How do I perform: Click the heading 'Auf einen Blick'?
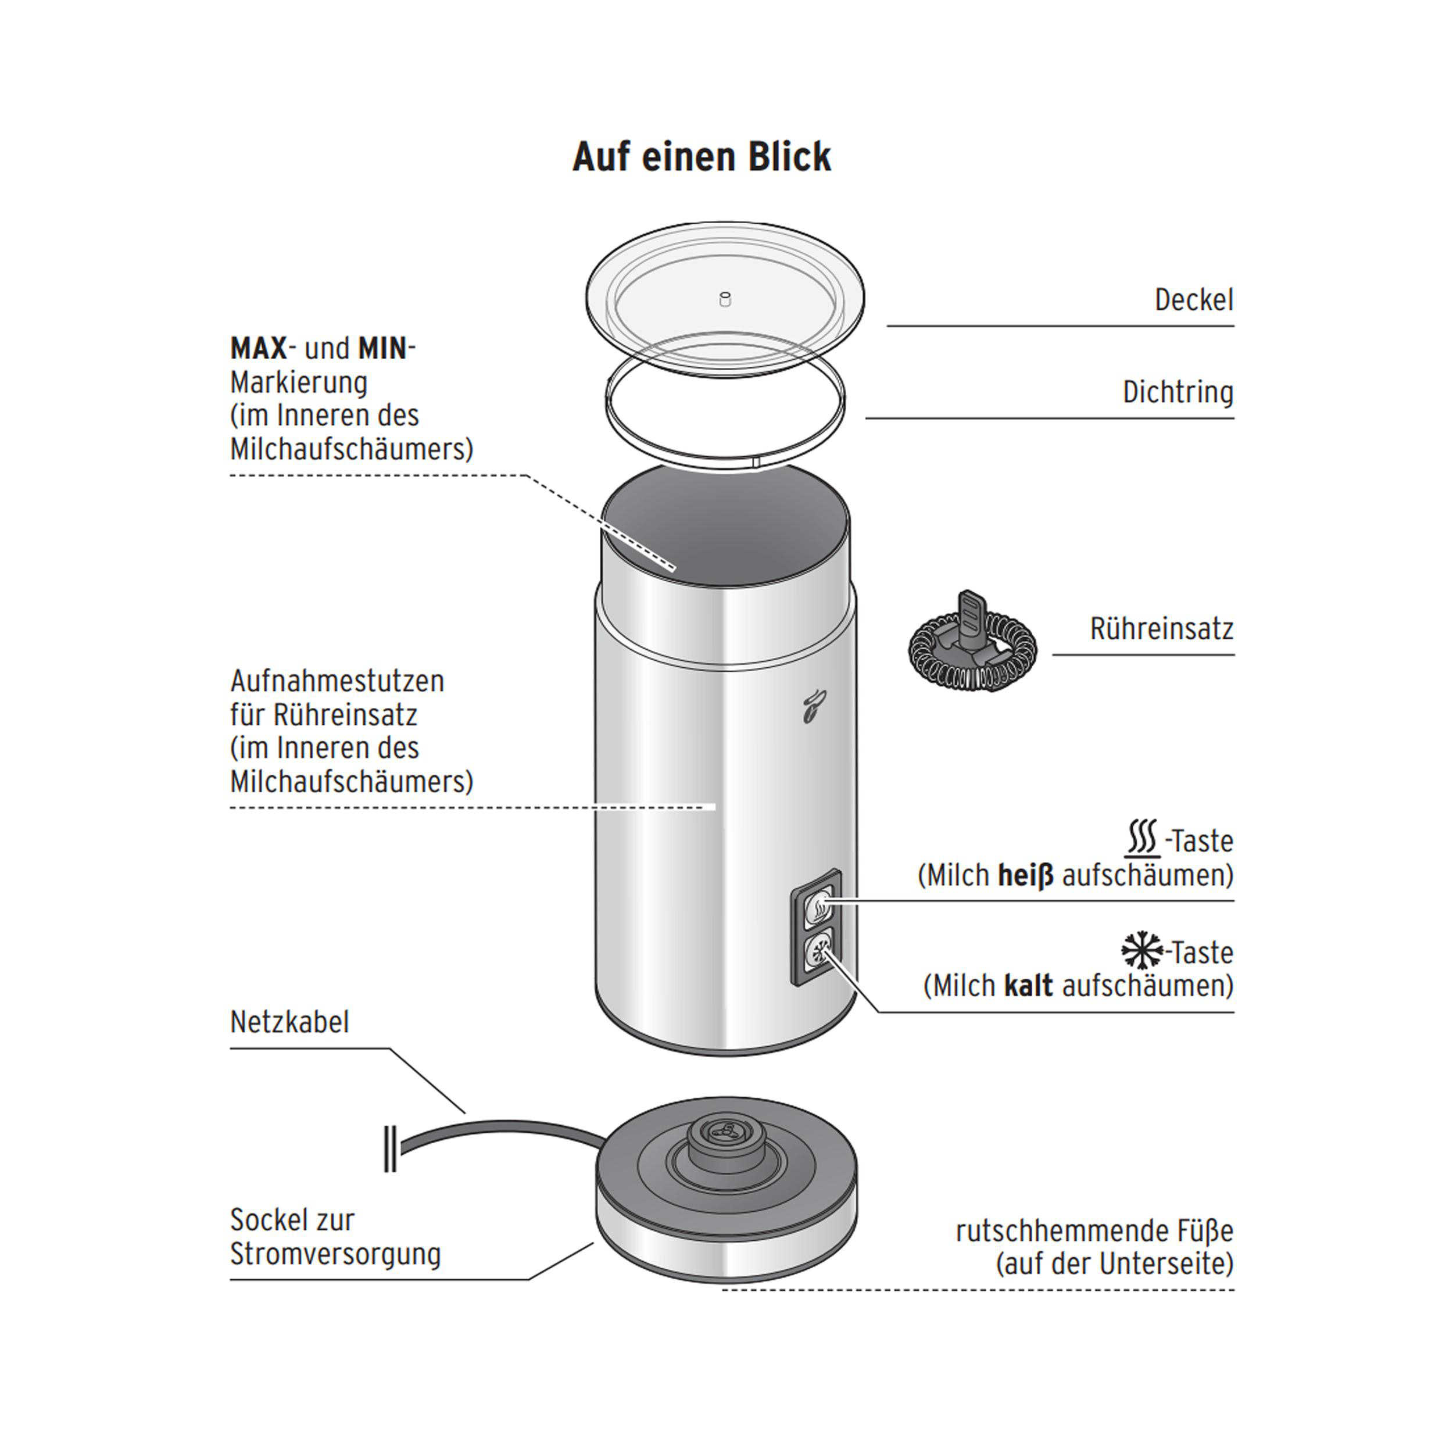tap(702, 156)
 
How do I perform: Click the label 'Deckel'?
tap(1194, 300)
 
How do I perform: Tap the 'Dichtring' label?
tap(1178, 392)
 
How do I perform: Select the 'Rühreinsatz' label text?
tap(1161, 629)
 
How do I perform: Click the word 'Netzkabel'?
tap(289, 1022)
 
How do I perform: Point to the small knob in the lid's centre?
tap(725, 299)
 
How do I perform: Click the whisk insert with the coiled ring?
tap(972, 642)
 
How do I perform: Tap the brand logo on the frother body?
tap(813, 706)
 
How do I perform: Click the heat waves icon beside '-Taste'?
tap(1143, 839)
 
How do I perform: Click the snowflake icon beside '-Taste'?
tap(1141, 951)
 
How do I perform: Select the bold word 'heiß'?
tap(1025, 875)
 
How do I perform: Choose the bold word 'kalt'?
tap(1028, 986)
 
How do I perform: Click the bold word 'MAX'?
tap(259, 349)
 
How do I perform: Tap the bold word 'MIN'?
tap(383, 349)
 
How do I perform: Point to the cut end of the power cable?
tap(391, 1148)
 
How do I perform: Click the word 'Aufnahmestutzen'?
tap(337, 681)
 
